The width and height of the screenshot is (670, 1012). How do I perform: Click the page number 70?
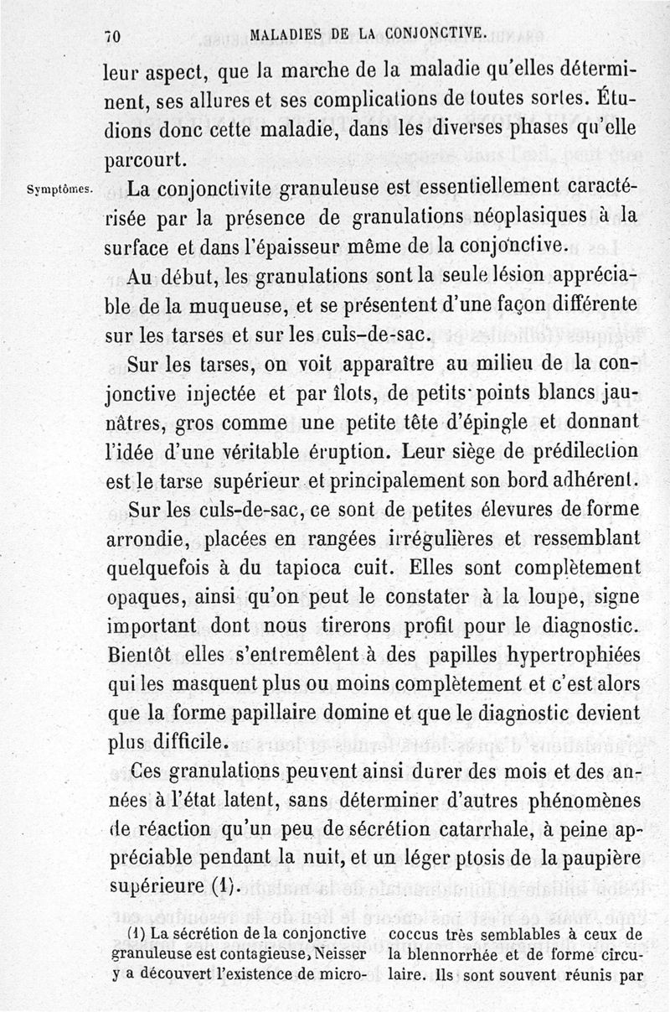tap(115, 35)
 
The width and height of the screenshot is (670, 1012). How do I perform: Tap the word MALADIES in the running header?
tap(286, 34)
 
